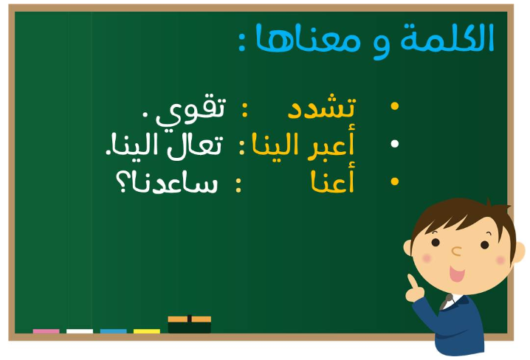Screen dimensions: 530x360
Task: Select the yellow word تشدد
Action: pos(321,106)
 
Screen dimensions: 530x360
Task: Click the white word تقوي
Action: pos(190,111)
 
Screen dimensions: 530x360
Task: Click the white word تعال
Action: pos(195,145)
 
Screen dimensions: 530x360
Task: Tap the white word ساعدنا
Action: pos(174,183)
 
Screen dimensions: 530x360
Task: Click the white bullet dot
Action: pos(394,144)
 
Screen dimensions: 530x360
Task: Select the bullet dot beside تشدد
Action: pos(394,105)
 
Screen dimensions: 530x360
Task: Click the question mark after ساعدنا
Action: pos(121,181)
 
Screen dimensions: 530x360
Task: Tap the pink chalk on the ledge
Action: pos(46,331)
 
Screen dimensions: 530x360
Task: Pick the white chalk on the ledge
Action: pos(80,331)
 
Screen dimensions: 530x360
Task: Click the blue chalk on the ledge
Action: pos(113,331)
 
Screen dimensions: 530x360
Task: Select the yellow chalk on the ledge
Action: pos(147,331)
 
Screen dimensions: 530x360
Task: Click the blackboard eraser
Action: pos(189,324)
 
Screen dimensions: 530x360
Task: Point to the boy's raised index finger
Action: pos(413,281)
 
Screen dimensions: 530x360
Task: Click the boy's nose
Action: pos(456,251)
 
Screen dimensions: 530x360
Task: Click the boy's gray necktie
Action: pos(446,302)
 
